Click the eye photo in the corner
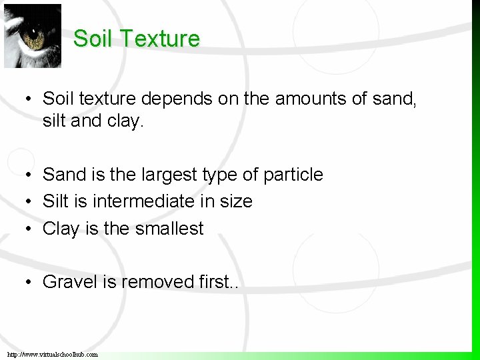[32, 35]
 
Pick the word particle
[293, 175]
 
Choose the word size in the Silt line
[236, 201]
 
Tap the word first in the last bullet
[214, 282]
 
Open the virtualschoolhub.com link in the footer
[52, 355]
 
